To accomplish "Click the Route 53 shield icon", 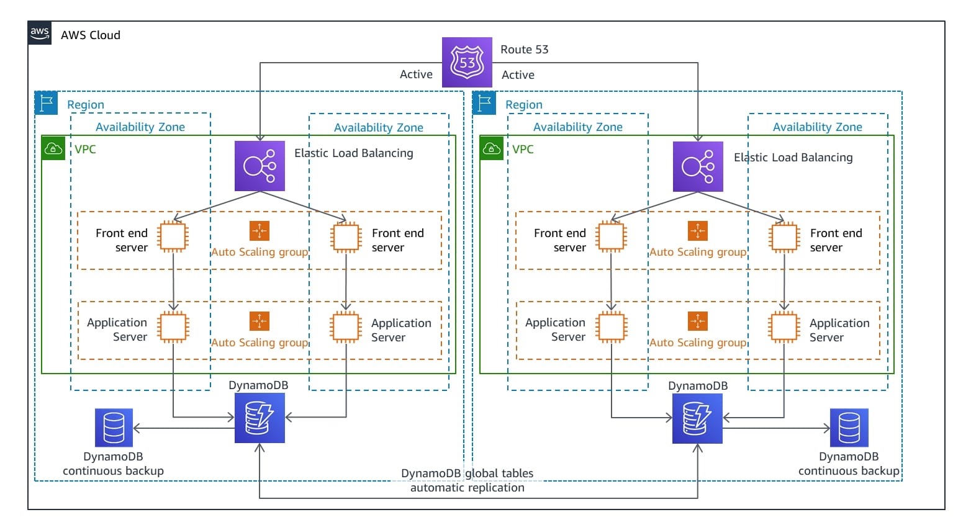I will pos(466,62).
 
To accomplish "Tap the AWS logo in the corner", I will pos(40,33).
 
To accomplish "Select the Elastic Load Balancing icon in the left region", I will pos(260,166).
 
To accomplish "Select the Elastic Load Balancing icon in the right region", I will pos(698,166).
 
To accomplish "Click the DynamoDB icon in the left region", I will pos(260,418).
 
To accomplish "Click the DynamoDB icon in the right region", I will pos(697,418).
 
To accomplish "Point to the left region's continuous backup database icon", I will pos(114,428).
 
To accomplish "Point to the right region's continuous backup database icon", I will pos(849,428).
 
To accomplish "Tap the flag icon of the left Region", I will pos(47,103).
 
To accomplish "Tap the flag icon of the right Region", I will pos(484,103).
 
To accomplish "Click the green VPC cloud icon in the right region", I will pos(491,148).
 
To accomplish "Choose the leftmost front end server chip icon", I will pos(173,236).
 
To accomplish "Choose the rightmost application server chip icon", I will pos(784,327).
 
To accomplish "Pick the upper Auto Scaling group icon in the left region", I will pos(260,231).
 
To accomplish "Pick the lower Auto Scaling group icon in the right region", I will pos(698,321).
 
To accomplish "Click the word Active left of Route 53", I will pos(416,74).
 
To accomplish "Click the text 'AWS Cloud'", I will pos(91,35).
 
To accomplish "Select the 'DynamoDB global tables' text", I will pos(467,473).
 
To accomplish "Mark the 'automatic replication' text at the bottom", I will pos(467,488).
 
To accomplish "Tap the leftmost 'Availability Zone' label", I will pos(140,127).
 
